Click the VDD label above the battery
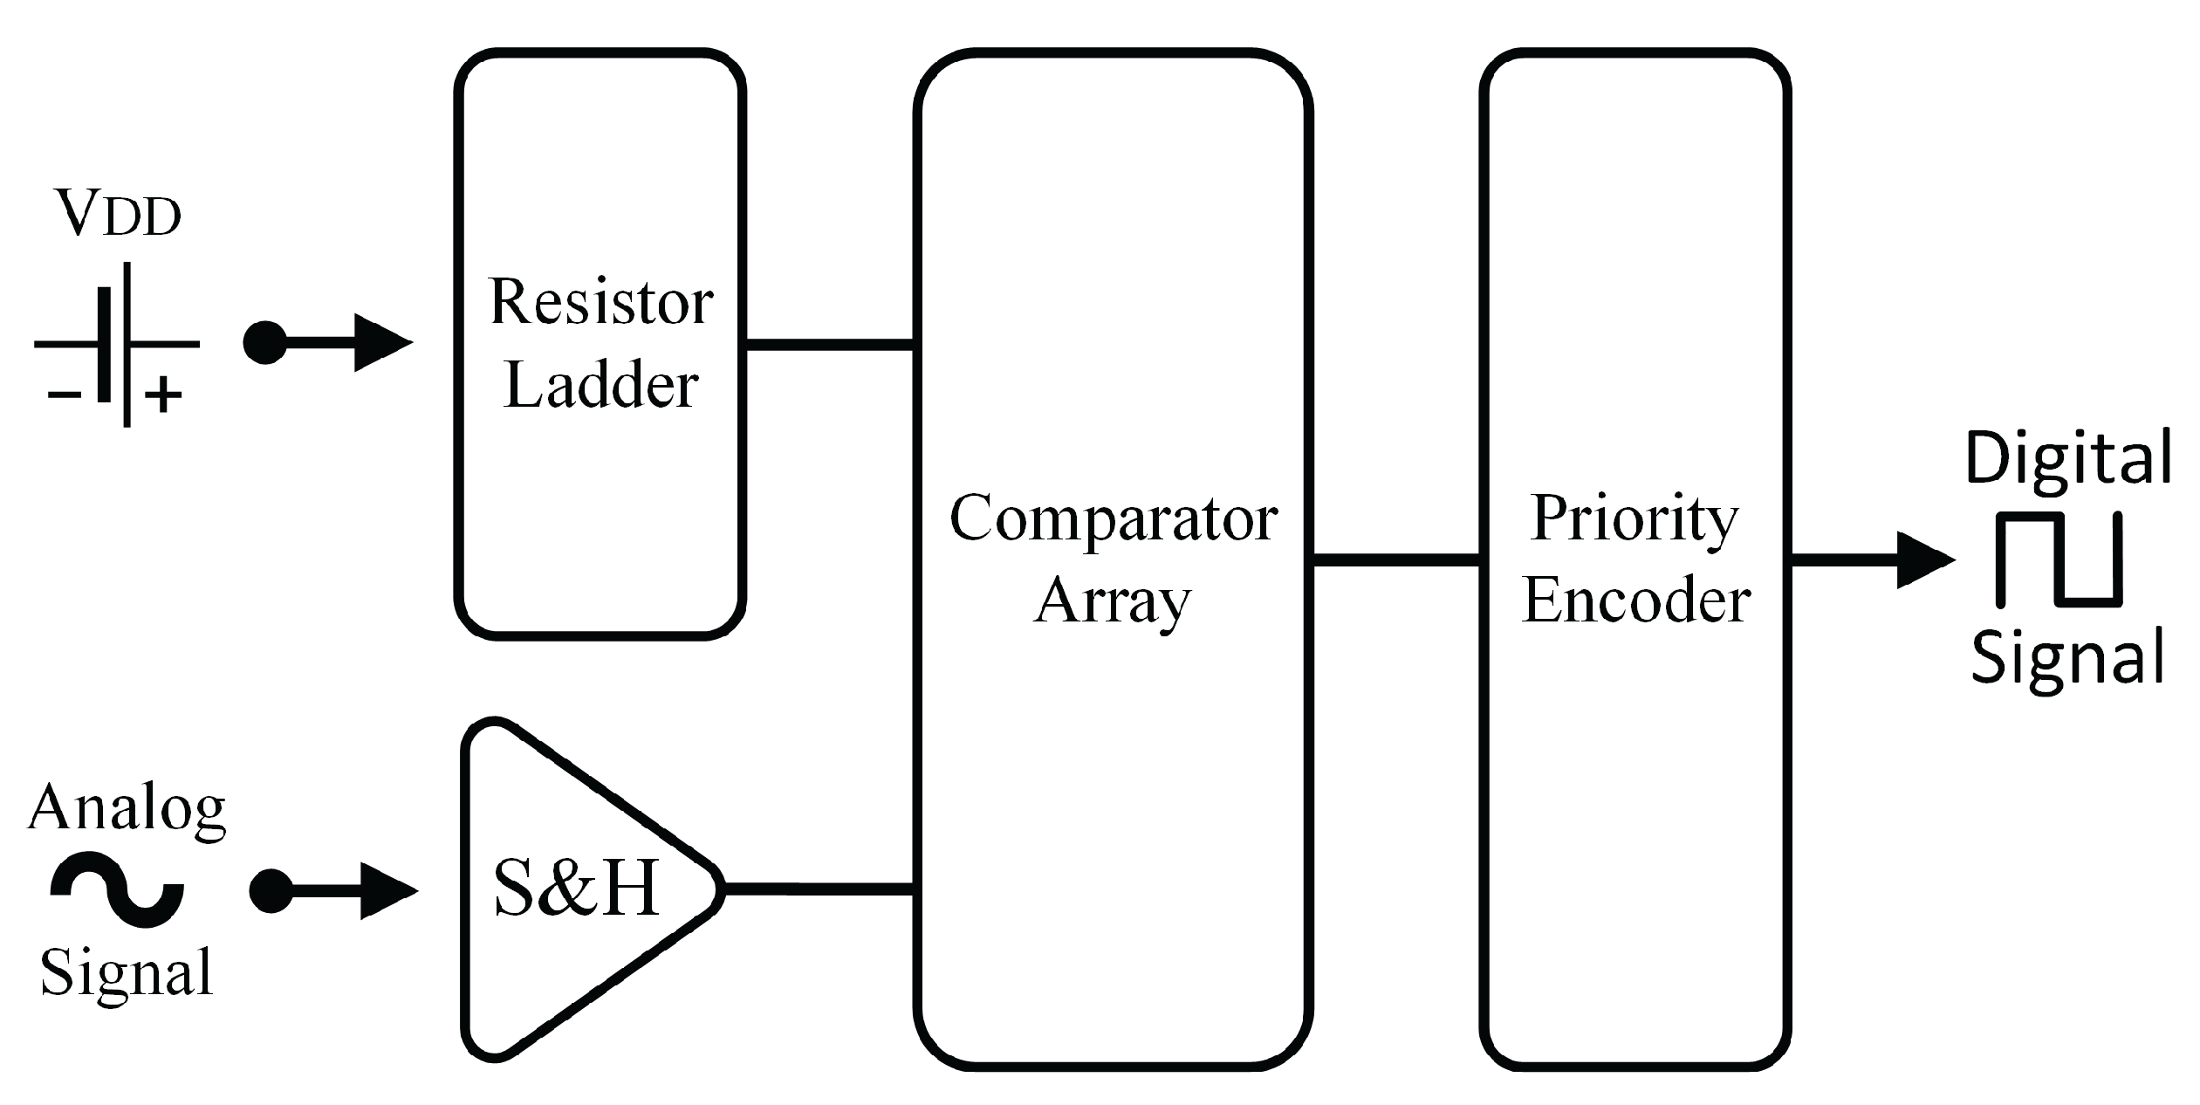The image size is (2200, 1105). coord(118,213)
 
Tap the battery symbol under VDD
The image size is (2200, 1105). coord(116,345)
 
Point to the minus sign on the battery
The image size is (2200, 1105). coord(64,395)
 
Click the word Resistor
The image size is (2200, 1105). coord(600,302)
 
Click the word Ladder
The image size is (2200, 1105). coord(600,385)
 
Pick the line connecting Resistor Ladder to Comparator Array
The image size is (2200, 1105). coord(829,345)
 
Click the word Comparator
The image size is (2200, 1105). coord(1113,518)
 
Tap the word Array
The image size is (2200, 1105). coord(1113,602)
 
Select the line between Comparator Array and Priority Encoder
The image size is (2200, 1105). coord(1396,559)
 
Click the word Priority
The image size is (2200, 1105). coord(1635,518)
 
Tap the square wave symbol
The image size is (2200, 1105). coord(2058,559)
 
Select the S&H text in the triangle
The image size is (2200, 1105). coord(576,888)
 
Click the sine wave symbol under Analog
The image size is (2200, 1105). coord(117,889)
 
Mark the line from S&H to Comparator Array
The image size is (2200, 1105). coord(819,889)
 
